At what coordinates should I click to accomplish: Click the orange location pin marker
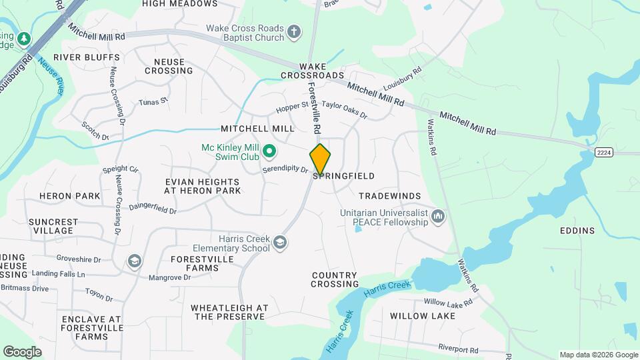(320, 159)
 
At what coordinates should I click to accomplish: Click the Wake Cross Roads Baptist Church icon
(294, 31)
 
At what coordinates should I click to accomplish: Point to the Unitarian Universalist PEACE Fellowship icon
(438, 216)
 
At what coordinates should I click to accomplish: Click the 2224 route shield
(604, 153)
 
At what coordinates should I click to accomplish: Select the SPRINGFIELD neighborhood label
(343, 176)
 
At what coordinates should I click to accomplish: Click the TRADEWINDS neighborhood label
(390, 196)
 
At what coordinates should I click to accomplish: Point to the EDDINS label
(578, 231)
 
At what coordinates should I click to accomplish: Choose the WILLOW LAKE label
(423, 316)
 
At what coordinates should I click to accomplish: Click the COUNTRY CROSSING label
(335, 279)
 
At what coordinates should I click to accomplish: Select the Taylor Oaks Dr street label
(344, 109)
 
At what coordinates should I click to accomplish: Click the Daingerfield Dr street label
(153, 209)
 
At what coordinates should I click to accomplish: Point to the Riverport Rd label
(458, 349)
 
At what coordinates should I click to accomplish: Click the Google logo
(23, 352)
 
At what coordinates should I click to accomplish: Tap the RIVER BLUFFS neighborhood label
(87, 58)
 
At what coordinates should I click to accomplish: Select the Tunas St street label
(153, 102)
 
